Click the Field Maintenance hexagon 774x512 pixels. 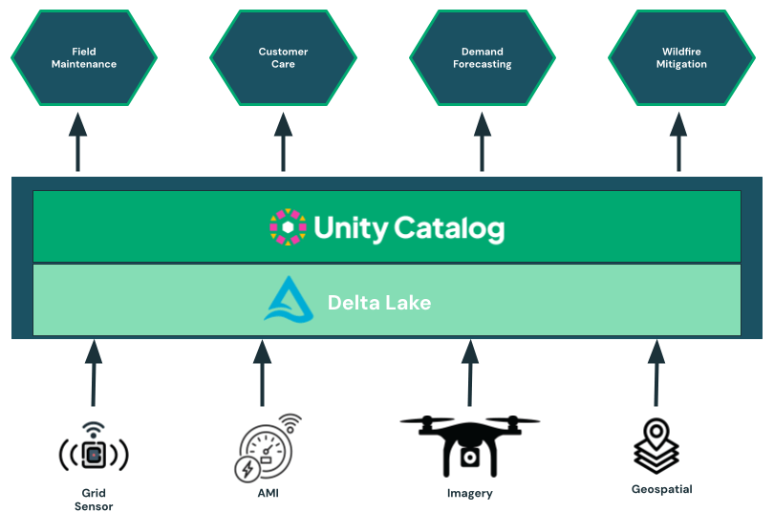pos(83,58)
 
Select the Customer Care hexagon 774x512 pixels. pos(283,58)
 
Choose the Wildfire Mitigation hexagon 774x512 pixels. pos(681,58)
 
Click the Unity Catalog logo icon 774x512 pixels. pos(288,227)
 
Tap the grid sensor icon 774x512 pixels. pos(93,452)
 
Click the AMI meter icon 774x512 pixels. pos(266,447)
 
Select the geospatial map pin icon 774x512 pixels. pos(656,445)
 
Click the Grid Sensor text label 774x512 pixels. pos(94,500)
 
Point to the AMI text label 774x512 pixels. pos(268,493)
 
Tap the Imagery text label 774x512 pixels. pos(470,493)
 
